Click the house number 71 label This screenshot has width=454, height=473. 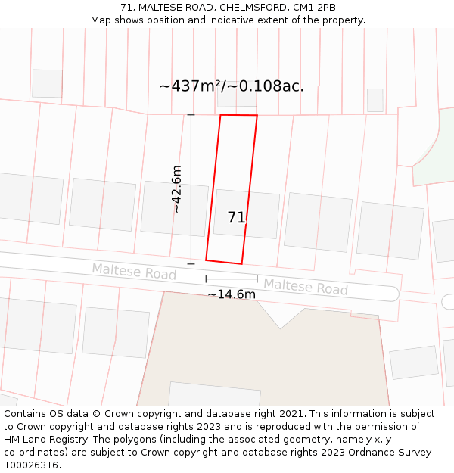[x=236, y=217]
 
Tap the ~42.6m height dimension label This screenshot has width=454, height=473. [x=176, y=188]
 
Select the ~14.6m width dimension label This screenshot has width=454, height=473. [x=232, y=294]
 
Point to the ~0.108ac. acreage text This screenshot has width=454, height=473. [x=270, y=86]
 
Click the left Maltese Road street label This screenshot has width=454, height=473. [x=134, y=271]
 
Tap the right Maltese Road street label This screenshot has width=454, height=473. [x=305, y=287]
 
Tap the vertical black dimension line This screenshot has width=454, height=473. [x=191, y=189]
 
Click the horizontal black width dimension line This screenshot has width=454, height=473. [x=231, y=279]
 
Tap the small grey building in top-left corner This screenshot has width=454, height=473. [x=47, y=83]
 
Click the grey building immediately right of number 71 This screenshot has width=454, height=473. [x=317, y=222]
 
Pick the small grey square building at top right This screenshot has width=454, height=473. [x=375, y=100]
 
